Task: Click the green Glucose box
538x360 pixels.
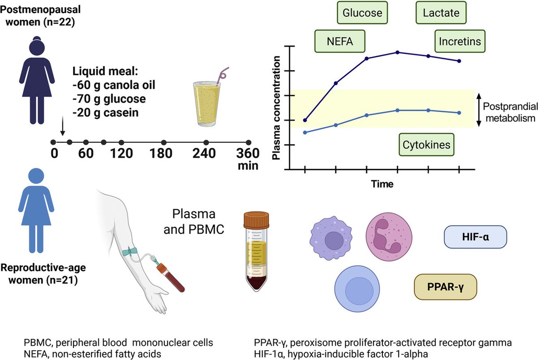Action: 362,13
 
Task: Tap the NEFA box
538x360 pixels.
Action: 340,42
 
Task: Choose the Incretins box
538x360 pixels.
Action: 460,42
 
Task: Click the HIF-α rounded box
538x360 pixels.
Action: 475,237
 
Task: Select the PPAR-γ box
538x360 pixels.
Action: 446,287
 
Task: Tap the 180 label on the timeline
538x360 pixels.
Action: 162,153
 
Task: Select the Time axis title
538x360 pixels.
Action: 382,184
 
